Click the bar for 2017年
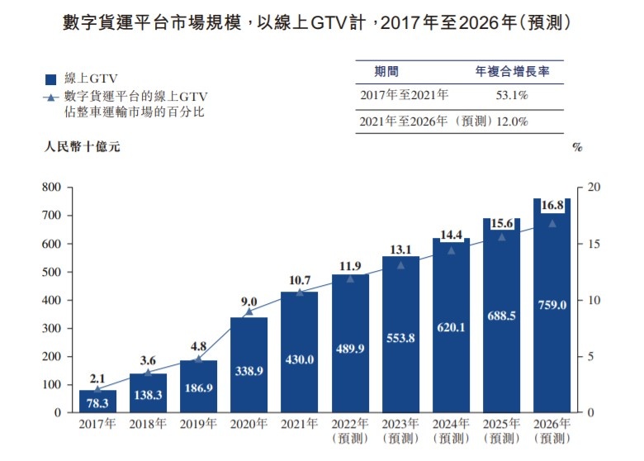click(x=98, y=401)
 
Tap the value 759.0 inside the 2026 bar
click(x=552, y=304)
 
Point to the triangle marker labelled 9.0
click(x=249, y=311)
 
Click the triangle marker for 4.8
click(x=198, y=359)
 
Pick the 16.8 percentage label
click(x=552, y=204)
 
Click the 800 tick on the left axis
click(x=52, y=188)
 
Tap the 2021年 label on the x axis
click(x=299, y=424)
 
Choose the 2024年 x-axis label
click(x=450, y=424)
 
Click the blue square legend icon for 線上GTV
click(x=50, y=79)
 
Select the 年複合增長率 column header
click(x=513, y=72)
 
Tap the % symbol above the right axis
click(x=577, y=148)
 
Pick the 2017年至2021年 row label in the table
click(x=405, y=96)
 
